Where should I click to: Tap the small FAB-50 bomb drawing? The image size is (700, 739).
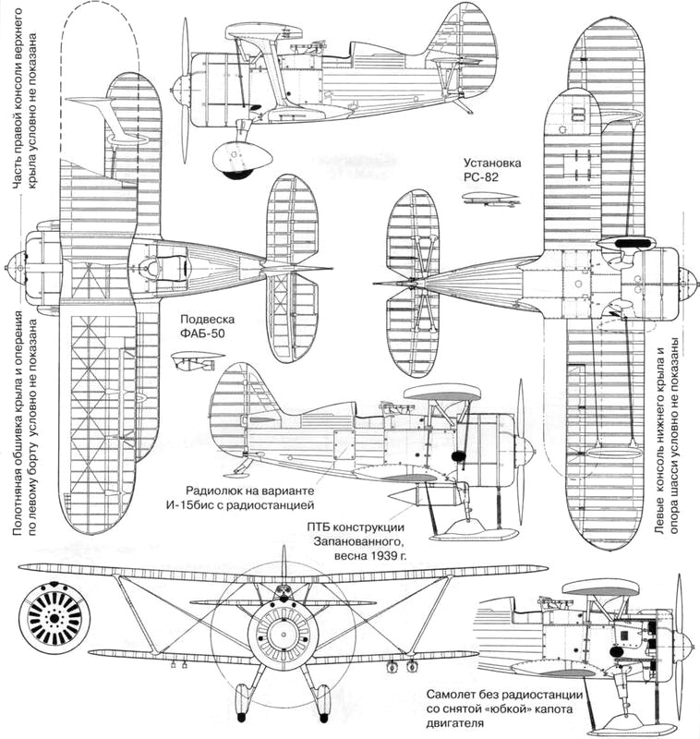click(x=196, y=359)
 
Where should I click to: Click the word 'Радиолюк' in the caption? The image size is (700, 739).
click(x=218, y=491)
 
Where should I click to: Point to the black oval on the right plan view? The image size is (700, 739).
click(x=631, y=242)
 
